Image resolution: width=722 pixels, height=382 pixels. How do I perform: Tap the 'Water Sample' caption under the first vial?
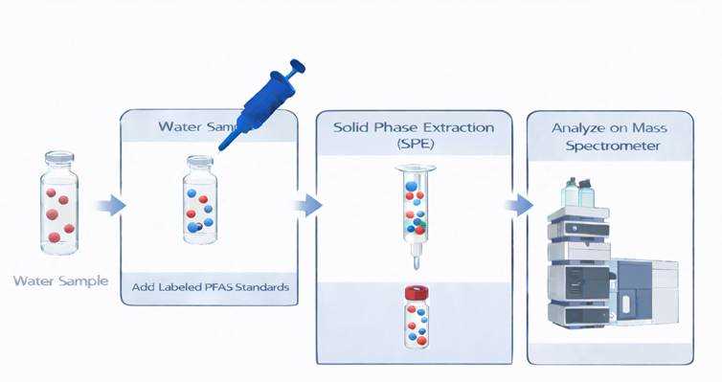60,281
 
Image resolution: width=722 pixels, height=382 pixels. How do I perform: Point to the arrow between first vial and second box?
110,204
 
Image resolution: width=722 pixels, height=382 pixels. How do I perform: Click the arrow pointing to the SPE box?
306,204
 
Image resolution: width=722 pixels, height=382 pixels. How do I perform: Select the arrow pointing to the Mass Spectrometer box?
518,204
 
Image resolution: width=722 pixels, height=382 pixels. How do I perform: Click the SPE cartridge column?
417,206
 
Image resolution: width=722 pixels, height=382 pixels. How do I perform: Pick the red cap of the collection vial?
416,292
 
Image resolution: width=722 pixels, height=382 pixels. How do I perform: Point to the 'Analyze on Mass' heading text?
608,127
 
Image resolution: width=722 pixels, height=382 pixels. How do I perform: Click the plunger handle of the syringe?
296,69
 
